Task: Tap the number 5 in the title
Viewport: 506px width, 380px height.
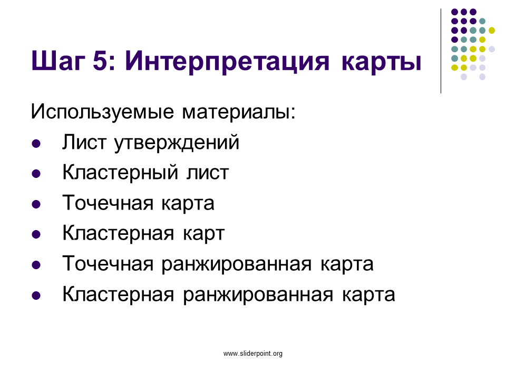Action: tap(101, 60)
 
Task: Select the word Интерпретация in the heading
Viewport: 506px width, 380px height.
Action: tap(227, 61)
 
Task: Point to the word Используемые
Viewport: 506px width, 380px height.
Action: tap(102, 112)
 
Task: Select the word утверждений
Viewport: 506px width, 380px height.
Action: tap(177, 142)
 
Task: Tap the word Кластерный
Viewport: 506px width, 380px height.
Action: tap(120, 173)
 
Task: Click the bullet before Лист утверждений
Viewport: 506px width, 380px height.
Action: tap(36, 144)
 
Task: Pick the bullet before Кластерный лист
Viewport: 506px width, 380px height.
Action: tap(36, 174)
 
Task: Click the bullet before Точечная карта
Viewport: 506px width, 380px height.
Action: tap(36, 204)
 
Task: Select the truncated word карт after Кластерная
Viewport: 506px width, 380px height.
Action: tap(203, 234)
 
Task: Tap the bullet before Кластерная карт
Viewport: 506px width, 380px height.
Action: tap(36, 234)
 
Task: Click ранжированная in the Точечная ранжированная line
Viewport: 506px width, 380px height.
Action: tap(237, 264)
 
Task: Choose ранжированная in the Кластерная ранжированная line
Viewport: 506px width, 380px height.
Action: tap(258, 295)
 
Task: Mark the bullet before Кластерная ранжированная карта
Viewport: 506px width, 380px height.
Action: tap(36, 296)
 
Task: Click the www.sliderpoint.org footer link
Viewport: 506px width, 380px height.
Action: tap(253, 354)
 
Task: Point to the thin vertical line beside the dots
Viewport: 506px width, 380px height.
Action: tap(441, 51)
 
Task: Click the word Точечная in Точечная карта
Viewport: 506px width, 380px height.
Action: tap(108, 203)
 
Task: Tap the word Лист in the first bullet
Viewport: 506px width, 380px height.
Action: tap(84, 142)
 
